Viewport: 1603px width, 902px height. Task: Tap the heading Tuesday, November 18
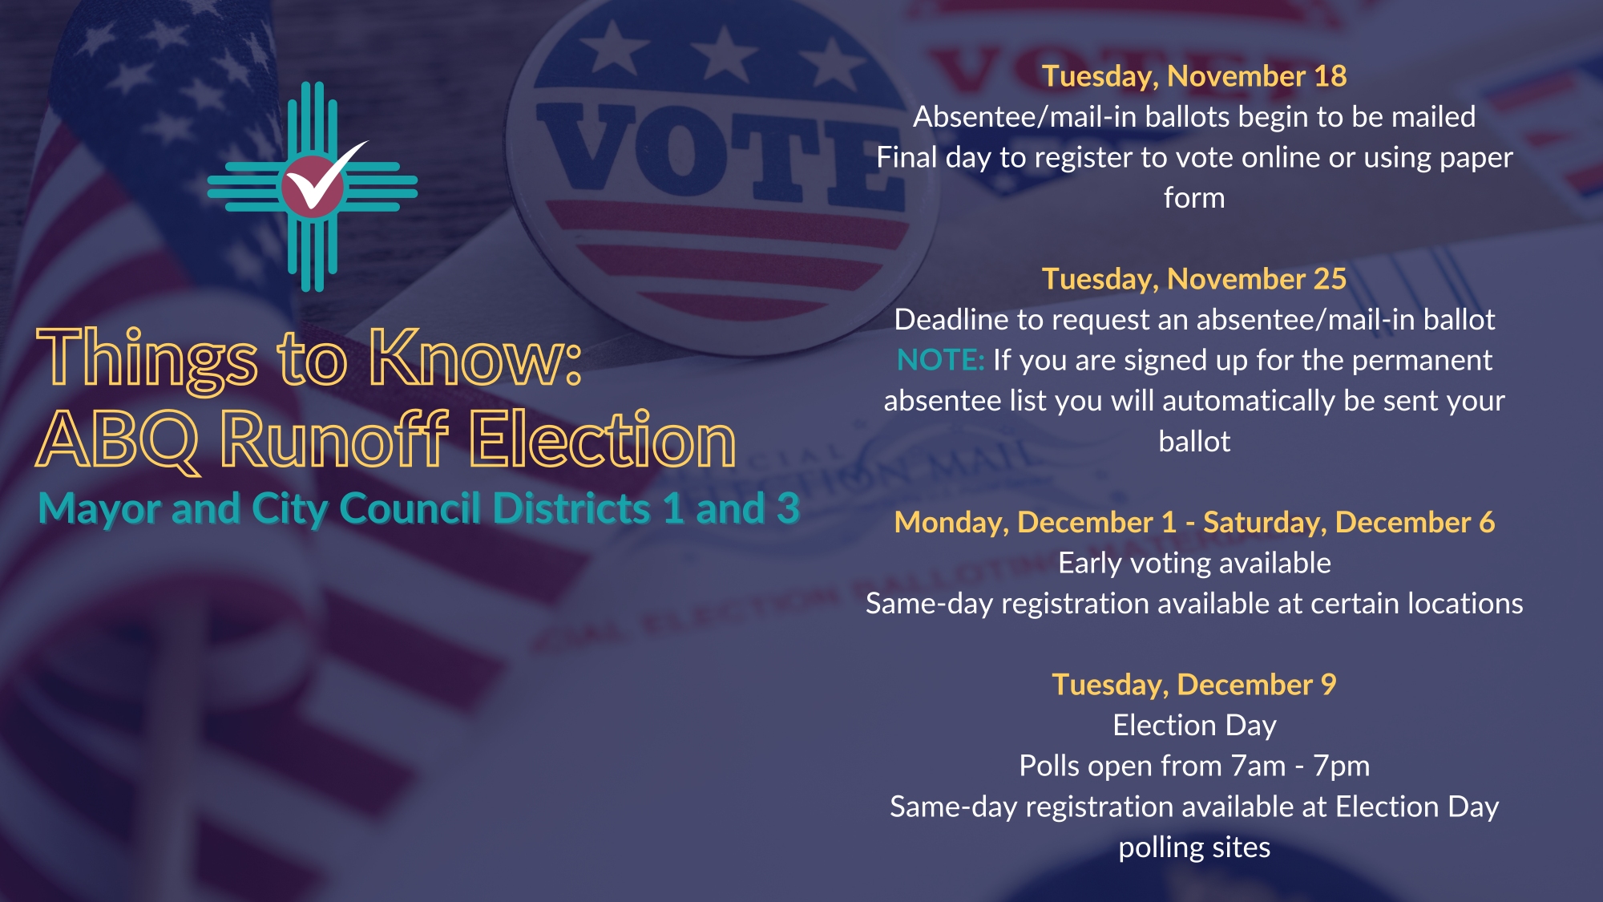(x=1194, y=76)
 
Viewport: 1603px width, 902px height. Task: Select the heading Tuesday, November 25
(x=1194, y=279)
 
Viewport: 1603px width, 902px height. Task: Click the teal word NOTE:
(x=940, y=360)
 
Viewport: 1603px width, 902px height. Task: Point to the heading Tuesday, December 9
(x=1194, y=685)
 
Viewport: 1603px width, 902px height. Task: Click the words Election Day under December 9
(x=1194, y=726)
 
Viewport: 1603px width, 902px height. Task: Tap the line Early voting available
(x=1194, y=563)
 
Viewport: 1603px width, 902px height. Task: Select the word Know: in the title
(x=474, y=358)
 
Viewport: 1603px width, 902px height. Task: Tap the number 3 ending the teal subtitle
(x=788, y=508)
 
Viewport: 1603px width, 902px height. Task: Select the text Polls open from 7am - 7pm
(x=1194, y=766)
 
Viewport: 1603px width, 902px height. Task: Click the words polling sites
(x=1194, y=847)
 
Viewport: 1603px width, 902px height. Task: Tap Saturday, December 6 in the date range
(x=1349, y=523)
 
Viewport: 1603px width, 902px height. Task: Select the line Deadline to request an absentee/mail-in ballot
(x=1194, y=320)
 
